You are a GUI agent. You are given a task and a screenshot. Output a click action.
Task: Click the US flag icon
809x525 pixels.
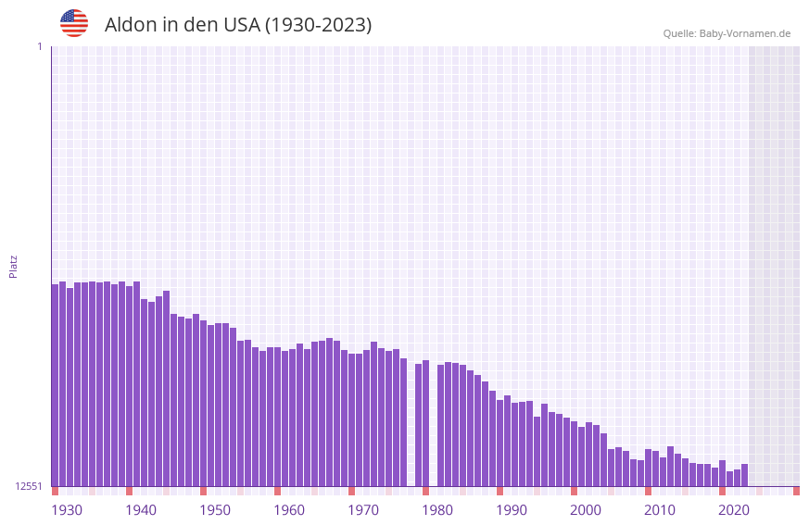[x=74, y=23]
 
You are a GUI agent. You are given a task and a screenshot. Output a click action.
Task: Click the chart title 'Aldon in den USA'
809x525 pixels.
[x=237, y=25]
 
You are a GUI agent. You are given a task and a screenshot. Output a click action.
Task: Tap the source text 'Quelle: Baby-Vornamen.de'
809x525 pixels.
[x=727, y=33]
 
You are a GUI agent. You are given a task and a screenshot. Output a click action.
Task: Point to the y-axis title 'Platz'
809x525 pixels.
[x=13, y=266]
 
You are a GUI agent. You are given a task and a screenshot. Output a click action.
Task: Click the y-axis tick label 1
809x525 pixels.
[x=39, y=46]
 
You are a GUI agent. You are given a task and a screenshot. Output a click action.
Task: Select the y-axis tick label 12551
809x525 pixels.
[x=28, y=486]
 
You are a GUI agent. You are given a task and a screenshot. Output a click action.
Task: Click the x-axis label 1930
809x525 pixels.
[x=67, y=510]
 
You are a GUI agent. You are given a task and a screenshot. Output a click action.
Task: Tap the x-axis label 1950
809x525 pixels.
[x=215, y=510]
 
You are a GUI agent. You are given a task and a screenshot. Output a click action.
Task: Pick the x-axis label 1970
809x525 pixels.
[x=363, y=510]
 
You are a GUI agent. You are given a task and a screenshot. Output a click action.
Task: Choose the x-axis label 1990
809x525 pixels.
[x=512, y=510]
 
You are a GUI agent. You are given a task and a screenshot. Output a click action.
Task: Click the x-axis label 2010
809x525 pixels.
[x=660, y=510]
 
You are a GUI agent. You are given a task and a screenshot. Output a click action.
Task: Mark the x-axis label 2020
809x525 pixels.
[x=734, y=510]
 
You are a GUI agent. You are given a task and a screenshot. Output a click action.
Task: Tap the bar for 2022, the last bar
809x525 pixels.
[x=744, y=475]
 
